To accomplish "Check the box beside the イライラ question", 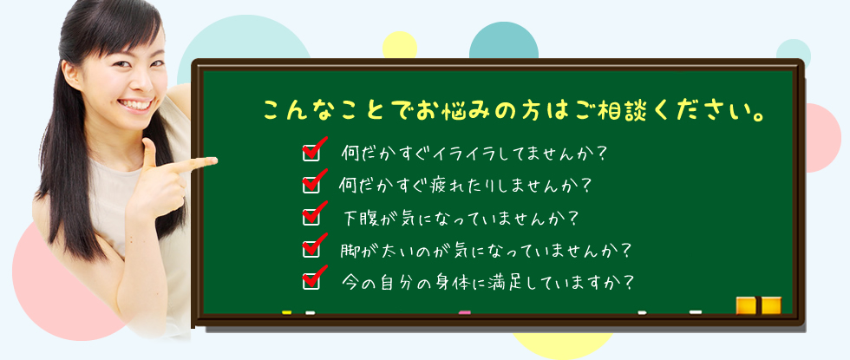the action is click(311, 153).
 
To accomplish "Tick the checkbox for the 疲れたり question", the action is click(311, 185).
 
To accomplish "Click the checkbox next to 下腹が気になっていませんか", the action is click(311, 217).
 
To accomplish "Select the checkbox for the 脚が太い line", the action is click(311, 249).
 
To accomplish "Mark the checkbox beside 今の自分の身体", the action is click(311, 281).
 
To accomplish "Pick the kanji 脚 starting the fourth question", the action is click(350, 250).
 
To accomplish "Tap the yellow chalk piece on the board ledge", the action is click(287, 312).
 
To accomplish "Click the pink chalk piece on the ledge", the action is click(465, 312).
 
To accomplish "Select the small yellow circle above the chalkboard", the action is click(400, 45).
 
